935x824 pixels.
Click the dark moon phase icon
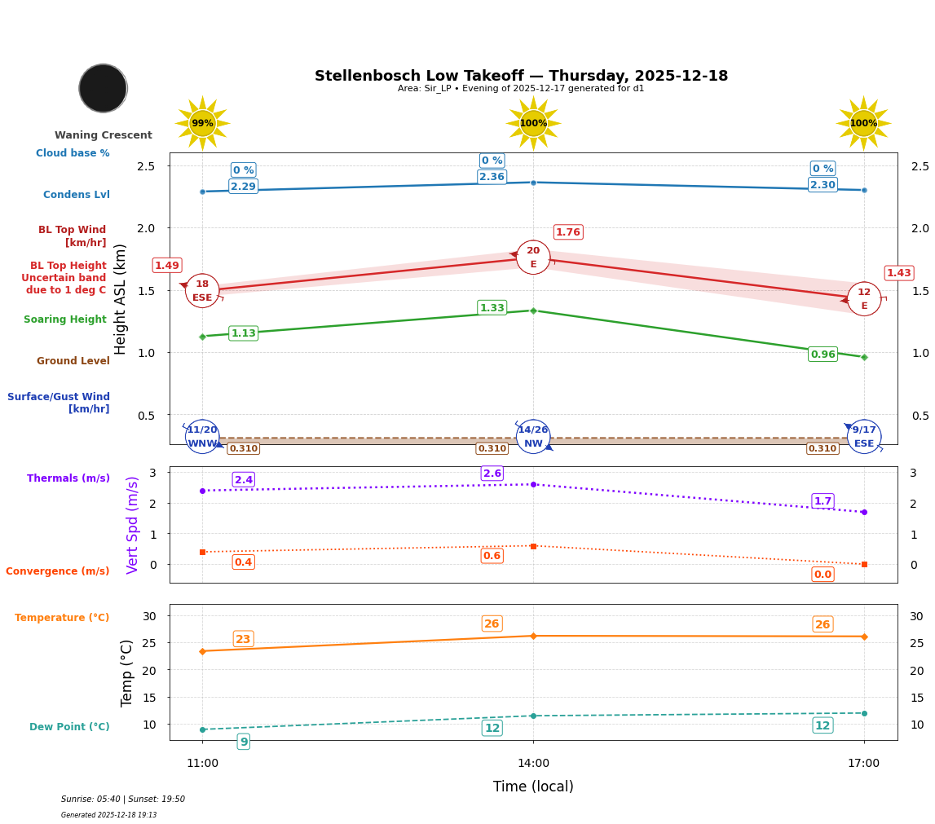pos(103,88)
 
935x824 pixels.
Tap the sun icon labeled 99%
pos(202,123)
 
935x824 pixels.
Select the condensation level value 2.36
pos(492,177)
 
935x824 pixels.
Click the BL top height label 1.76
pos(567,232)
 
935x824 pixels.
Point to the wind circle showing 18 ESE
pos(202,291)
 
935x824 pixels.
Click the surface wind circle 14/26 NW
pos(533,437)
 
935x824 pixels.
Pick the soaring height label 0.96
pos(823,355)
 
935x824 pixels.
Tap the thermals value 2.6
pos(492,474)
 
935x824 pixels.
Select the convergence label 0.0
pos(823,575)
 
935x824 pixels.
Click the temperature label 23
pos(243,639)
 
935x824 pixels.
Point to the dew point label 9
pos(243,742)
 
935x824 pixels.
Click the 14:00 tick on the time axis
pos(533,764)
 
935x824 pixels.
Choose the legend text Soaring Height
pos(65,319)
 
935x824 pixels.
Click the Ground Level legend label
pos(73,361)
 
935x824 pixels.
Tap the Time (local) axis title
pos(533,787)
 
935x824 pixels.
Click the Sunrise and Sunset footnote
pos(123,800)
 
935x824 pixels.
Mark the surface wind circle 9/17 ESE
pos(864,437)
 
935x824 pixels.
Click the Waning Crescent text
pos(104,135)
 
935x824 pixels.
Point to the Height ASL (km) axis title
pos(121,298)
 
